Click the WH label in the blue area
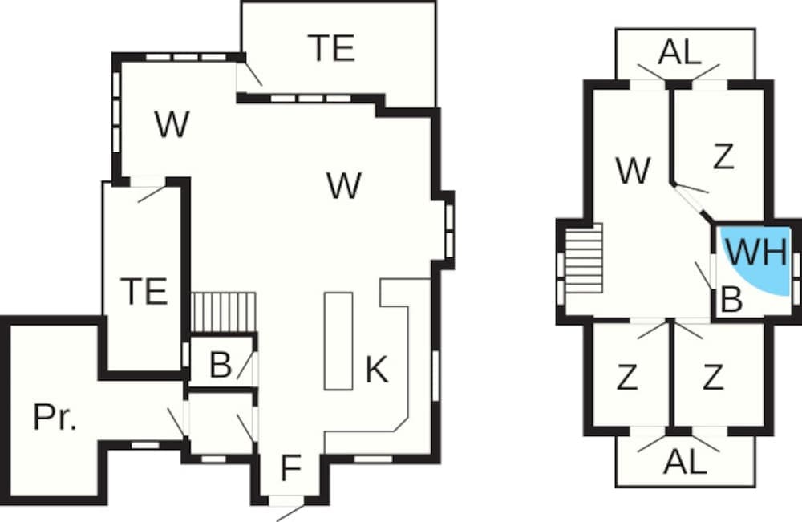pos(756,253)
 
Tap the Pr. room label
pos(55,418)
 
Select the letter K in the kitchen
pos(376,370)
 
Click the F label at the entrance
pos(290,469)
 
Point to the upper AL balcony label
pos(679,53)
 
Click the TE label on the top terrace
pos(331,50)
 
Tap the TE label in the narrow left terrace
pos(145,290)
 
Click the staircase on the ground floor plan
pos(224,310)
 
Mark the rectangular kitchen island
pos(338,341)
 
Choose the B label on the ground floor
pos(220,366)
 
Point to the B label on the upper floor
pos(731,299)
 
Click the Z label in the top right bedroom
pos(723,158)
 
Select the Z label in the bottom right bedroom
pos(713,376)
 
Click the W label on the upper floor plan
pos(633,171)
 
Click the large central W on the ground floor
pos(344,186)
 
